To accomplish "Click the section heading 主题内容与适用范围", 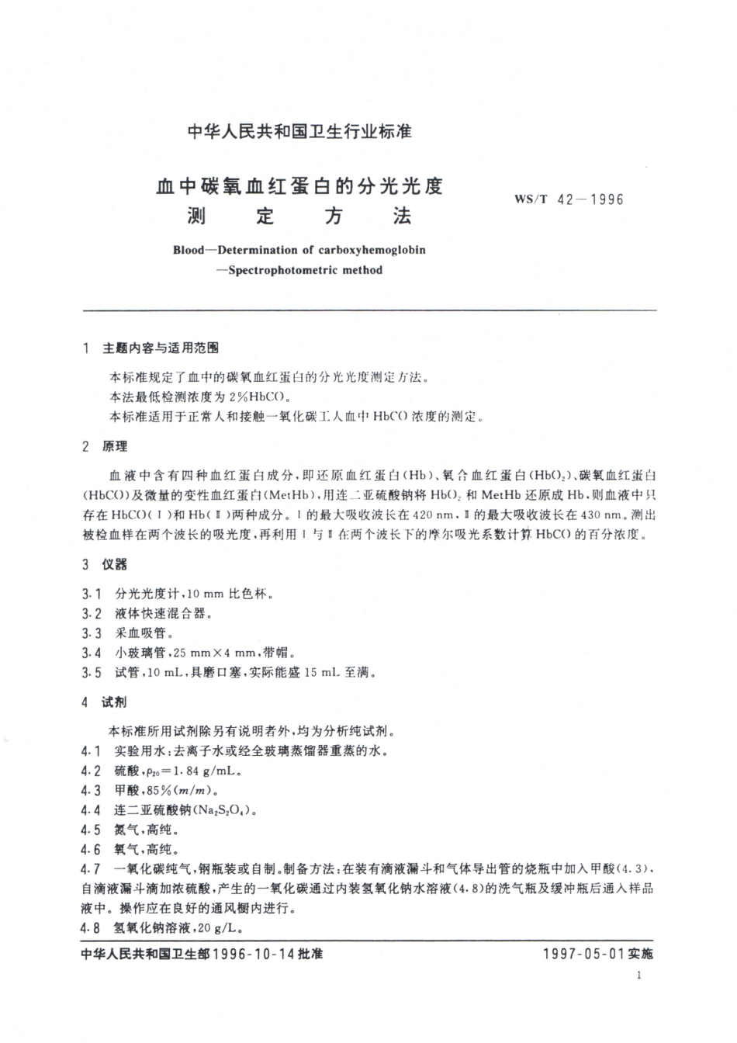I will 161,349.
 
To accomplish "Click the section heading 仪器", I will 114,565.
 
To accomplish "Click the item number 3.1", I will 91,594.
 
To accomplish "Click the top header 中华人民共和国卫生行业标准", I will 299,132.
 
